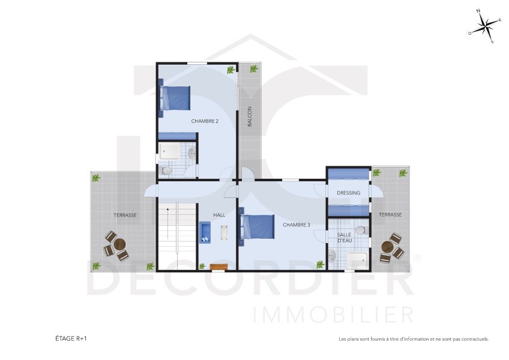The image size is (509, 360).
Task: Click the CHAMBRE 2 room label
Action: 205,121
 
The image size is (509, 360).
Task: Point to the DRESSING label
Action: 349,193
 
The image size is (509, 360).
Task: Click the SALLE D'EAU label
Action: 344,238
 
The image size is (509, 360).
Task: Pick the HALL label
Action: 219,215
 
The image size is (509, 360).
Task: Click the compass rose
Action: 485,27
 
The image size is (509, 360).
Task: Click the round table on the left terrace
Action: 119,245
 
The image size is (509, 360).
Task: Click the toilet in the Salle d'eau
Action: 360,230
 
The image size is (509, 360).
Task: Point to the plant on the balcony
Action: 254,70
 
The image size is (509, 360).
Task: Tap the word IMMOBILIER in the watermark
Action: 333,314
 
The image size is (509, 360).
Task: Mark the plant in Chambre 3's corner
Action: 319,263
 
